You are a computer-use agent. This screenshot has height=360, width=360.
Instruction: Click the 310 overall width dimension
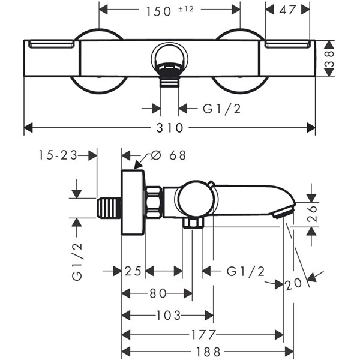point(170,128)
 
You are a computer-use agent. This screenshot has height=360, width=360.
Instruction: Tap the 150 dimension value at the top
point(158,11)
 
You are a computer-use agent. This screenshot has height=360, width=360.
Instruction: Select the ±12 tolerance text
point(186,9)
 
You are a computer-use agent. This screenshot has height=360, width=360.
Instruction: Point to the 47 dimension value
point(287,10)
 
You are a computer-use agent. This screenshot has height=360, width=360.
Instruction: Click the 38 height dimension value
point(329,59)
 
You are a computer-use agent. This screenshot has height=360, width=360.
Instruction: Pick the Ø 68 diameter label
point(168,155)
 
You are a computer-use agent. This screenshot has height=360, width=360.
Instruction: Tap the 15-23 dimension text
point(58,155)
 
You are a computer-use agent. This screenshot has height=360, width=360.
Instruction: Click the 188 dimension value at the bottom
point(208,352)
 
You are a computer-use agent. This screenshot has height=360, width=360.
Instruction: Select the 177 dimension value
point(203,335)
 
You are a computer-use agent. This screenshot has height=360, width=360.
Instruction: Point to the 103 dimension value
point(169,315)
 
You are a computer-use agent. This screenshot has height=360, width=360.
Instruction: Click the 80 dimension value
point(158,293)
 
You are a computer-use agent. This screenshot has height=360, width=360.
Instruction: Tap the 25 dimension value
point(133,271)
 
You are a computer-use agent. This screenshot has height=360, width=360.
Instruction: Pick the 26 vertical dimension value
point(312,214)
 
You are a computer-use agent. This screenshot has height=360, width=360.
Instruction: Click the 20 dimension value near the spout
point(293,284)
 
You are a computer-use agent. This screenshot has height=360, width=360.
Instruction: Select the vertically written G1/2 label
point(77,262)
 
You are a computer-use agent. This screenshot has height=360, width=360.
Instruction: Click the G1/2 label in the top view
point(222,109)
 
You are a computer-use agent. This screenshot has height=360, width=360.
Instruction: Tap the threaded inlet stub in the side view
point(109,208)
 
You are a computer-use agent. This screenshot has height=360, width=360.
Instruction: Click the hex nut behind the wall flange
point(154,202)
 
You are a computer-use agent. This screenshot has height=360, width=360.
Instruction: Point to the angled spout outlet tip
point(284,211)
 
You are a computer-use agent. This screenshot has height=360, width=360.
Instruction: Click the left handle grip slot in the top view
point(52,44)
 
